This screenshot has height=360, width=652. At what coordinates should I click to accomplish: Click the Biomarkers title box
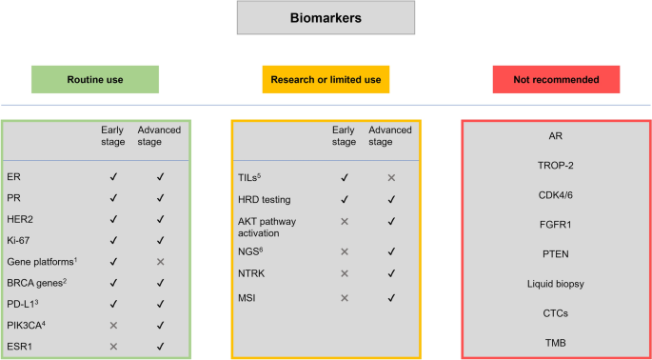pyautogui.click(x=326, y=18)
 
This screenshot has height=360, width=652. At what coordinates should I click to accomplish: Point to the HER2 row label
pyautogui.click(x=20, y=219)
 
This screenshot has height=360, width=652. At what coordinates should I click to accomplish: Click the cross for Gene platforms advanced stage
pyautogui.click(x=161, y=261)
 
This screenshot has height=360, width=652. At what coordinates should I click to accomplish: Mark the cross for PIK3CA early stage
pyautogui.click(x=114, y=324)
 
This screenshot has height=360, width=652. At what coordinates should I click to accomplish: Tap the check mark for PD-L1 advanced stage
pyautogui.click(x=161, y=303)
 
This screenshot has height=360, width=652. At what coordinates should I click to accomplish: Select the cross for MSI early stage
pyautogui.click(x=343, y=298)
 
